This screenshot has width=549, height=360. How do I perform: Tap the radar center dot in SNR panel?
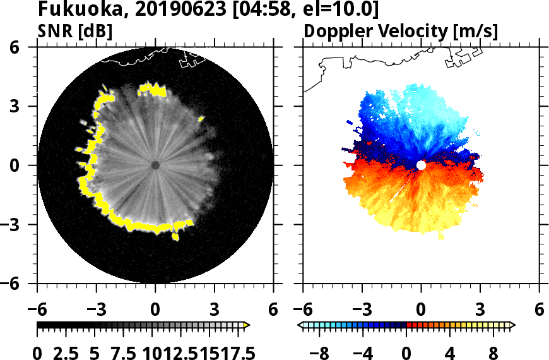155,165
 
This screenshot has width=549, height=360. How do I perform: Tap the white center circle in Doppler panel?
421,165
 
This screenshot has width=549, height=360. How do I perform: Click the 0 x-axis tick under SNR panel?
155,310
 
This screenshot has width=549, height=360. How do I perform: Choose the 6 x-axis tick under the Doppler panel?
539,310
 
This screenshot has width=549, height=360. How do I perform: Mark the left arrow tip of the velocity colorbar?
299,325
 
